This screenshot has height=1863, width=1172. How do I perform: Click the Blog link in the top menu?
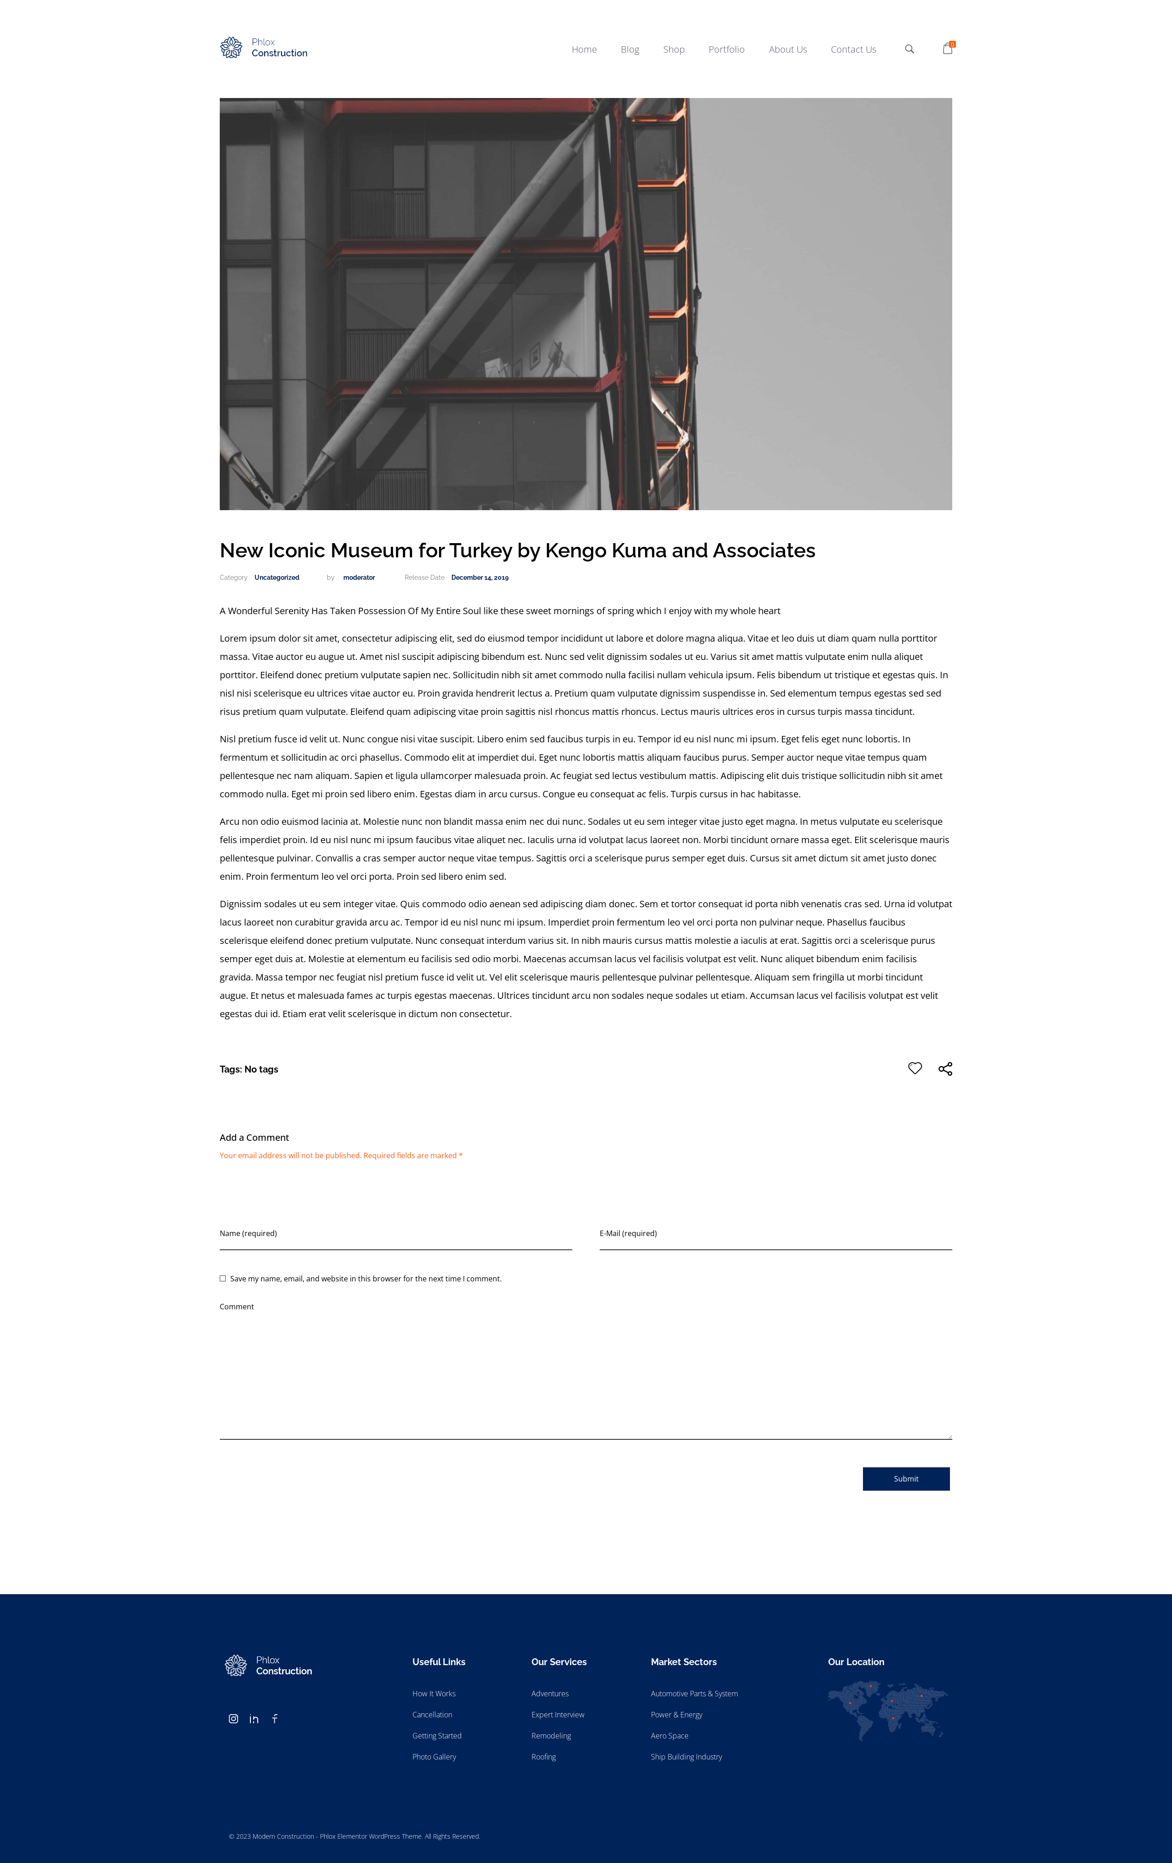629,49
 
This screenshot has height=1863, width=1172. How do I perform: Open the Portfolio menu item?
726,49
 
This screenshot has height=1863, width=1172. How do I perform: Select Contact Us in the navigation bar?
852,49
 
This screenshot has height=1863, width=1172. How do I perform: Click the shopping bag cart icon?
947,49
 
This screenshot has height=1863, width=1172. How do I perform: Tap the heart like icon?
914,1068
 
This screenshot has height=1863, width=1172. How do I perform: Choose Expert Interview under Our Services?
557,1715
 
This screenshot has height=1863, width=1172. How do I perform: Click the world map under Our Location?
886,1710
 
